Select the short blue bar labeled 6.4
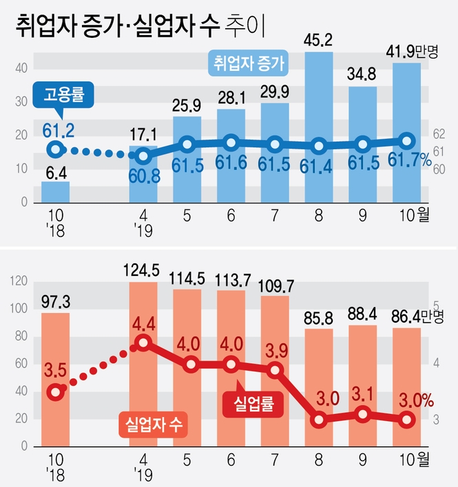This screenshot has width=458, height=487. click(55, 192)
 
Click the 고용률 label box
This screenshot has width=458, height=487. click(63, 94)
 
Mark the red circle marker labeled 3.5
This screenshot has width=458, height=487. click(56, 393)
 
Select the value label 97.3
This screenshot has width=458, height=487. click(55, 301)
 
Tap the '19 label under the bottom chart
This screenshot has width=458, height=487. click(143, 475)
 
